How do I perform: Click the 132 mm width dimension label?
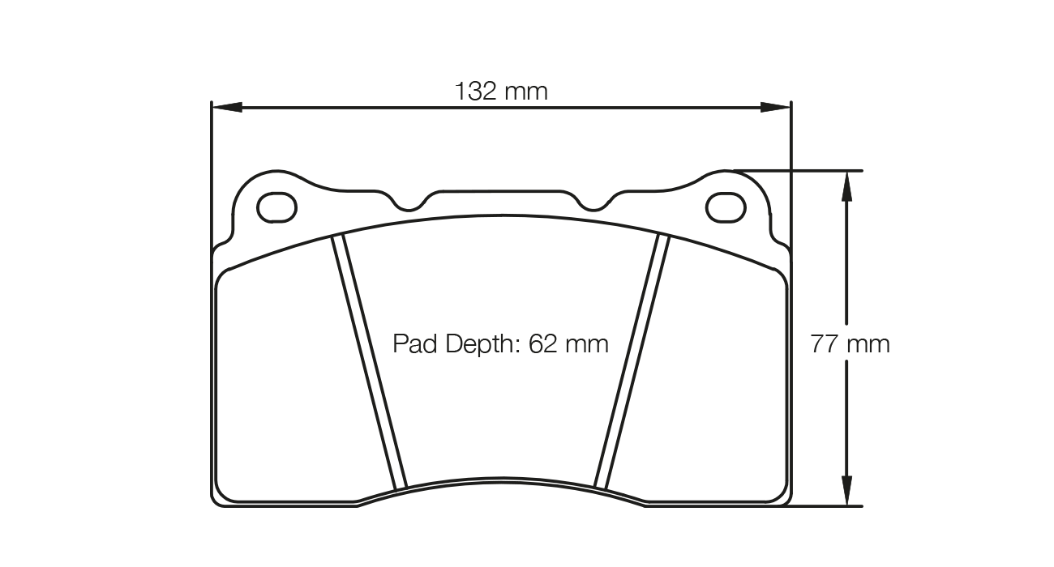click(x=500, y=91)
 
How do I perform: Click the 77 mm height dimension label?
click(x=850, y=344)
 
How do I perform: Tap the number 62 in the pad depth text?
click(x=542, y=344)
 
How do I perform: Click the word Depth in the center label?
click(x=476, y=344)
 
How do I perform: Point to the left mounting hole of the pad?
click(x=276, y=207)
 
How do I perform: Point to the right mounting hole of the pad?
click(x=726, y=207)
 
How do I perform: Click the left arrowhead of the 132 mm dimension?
click(x=226, y=107)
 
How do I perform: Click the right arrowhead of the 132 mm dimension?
click(x=775, y=107)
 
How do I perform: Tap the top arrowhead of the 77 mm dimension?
click(x=846, y=185)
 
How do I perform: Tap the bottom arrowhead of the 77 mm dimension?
click(x=846, y=491)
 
